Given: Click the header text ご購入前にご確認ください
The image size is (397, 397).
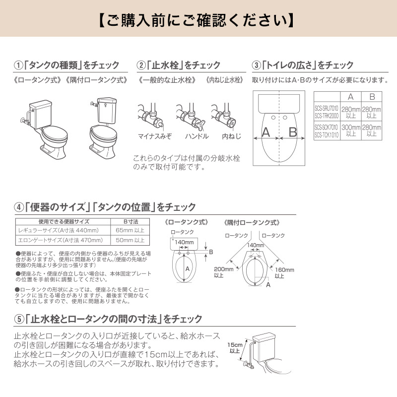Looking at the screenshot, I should pyautogui.click(x=198, y=20).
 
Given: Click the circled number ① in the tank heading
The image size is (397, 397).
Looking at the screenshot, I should pyautogui.click(x=18, y=65).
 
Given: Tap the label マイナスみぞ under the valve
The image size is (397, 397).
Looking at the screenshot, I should pyautogui.click(x=154, y=136).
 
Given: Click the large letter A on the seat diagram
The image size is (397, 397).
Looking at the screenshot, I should pyautogui.click(x=266, y=132).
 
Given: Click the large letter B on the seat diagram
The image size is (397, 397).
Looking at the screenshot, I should pyautogui.click(x=293, y=132).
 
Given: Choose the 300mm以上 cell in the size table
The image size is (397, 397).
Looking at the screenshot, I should pyautogui.click(x=350, y=131).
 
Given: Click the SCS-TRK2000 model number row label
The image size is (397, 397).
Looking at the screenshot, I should pyautogui.click(x=327, y=115).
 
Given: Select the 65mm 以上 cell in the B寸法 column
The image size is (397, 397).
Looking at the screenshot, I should pyautogui.click(x=130, y=231).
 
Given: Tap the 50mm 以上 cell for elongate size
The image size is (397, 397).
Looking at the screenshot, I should pyautogui.click(x=130, y=240).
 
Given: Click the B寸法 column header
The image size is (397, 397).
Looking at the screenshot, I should pyautogui.click(x=130, y=222).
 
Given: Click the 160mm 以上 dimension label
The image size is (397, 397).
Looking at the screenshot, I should pyautogui.click(x=284, y=272).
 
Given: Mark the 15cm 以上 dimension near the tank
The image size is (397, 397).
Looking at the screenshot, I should pyautogui.click(x=234, y=347).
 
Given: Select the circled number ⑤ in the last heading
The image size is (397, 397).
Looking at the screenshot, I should pyautogui.click(x=18, y=319).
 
